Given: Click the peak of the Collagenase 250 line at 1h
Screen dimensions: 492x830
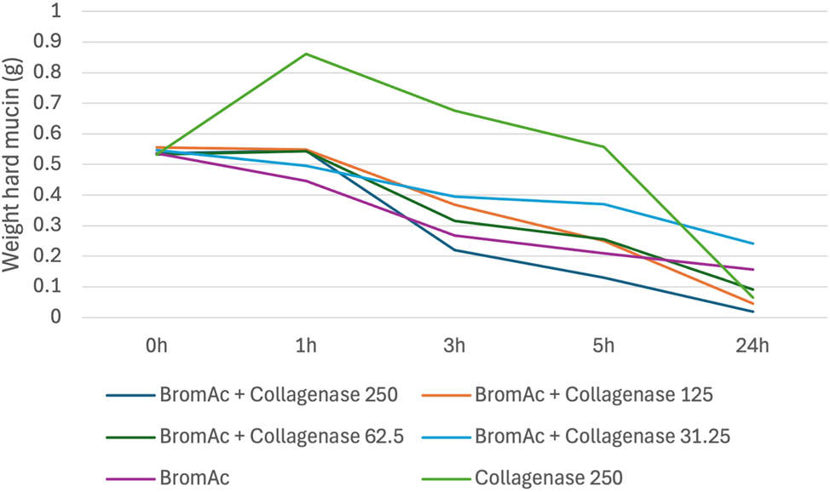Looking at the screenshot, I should click(x=306, y=54).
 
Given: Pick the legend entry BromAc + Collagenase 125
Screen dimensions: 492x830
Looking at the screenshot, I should click(x=568, y=395).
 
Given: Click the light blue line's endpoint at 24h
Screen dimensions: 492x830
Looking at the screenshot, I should click(x=752, y=243).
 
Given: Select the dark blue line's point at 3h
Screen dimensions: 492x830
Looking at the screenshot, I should click(x=454, y=249).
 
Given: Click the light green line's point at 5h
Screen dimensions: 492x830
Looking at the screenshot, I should click(x=603, y=146).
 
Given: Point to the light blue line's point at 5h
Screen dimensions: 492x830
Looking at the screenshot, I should click(x=603, y=204).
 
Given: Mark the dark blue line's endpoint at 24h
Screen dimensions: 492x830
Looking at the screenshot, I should click(x=752, y=312).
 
